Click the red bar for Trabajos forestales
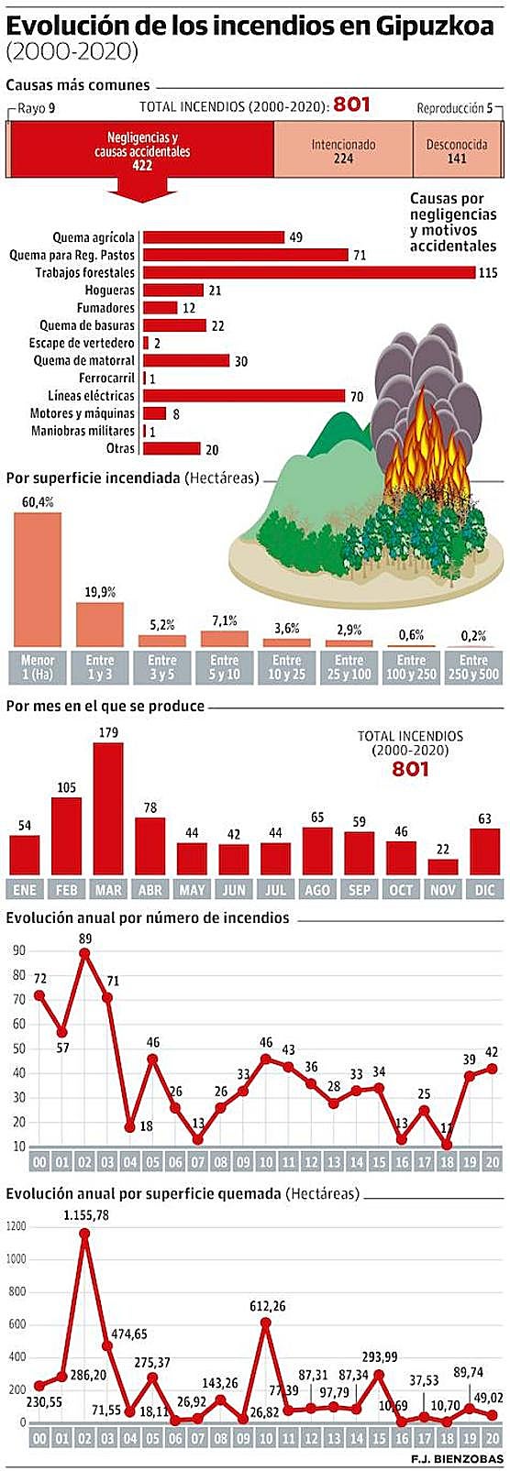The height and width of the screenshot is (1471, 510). [x=307, y=272]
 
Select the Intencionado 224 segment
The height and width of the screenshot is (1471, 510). [x=343, y=151]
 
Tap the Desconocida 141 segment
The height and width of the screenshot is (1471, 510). [x=456, y=151]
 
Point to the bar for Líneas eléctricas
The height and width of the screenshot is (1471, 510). [x=243, y=396]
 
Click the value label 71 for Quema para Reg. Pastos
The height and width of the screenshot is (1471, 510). [x=360, y=255]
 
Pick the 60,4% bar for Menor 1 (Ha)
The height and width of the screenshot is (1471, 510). [x=38, y=578]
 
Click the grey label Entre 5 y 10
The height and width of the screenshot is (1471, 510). [x=224, y=666]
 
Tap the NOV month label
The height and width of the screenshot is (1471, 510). [x=443, y=890]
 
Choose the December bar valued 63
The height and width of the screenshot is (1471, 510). [x=485, y=851]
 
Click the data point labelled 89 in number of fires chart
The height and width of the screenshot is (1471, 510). [x=85, y=952]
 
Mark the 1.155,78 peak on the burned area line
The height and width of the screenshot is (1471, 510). [x=84, y=1234]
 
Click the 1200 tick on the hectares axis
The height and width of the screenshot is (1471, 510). [x=16, y=1226]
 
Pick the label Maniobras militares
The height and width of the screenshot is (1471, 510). [x=83, y=431]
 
